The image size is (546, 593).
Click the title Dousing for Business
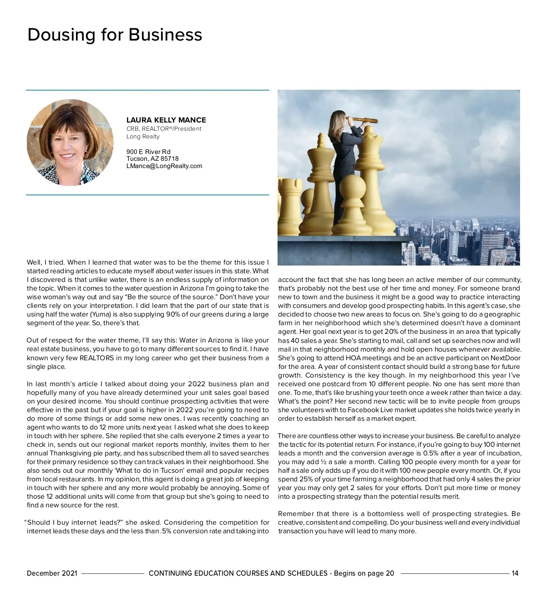[x=115, y=35]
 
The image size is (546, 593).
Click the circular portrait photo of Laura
[x=70, y=143]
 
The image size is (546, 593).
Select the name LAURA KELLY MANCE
[x=166, y=120]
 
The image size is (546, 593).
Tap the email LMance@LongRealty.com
[x=164, y=166]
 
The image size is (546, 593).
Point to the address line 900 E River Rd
[x=148, y=152]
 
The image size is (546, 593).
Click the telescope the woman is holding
[x=362, y=120]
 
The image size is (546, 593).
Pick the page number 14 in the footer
[x=515, y=573]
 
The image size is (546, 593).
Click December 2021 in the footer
[x=52, y=573]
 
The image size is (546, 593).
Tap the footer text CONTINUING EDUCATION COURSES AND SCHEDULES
[x=238, y=573]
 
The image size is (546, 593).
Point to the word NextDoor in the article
[x=506, y=358]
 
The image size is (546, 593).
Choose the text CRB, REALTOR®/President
[x=164, y=129]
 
